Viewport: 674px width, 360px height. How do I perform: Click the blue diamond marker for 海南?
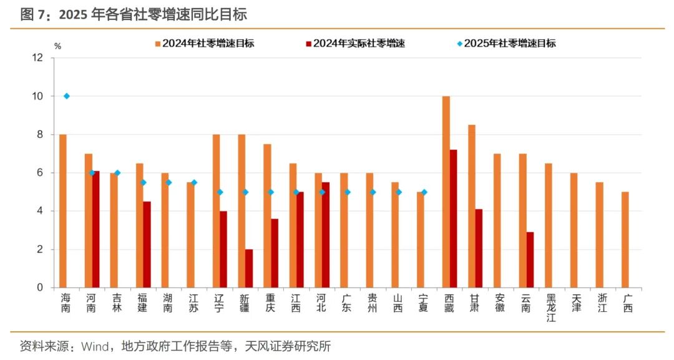pyautogui.click(x=67, y=96)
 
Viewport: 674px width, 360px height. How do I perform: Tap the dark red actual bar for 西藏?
pyautogui.click(x=454, y=218)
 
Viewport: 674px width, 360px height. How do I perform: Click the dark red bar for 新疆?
pyautogui.click(x=249, y=268)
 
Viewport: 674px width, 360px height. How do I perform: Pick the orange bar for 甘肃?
pyautogui.click(x=472, y=206)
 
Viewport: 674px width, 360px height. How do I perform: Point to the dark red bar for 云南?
pyautogui.click(x=530, y=260)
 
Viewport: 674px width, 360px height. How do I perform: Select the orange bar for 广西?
pyautogui.click(x=625, y=240)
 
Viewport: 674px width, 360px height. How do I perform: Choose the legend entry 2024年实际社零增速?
pyautogui.click(x=356, y=44)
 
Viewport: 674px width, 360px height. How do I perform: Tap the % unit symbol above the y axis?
pyautogui.click(x=57, y=46)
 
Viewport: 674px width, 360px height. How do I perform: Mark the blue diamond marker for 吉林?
pyautogui.click(x=117, y=173)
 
